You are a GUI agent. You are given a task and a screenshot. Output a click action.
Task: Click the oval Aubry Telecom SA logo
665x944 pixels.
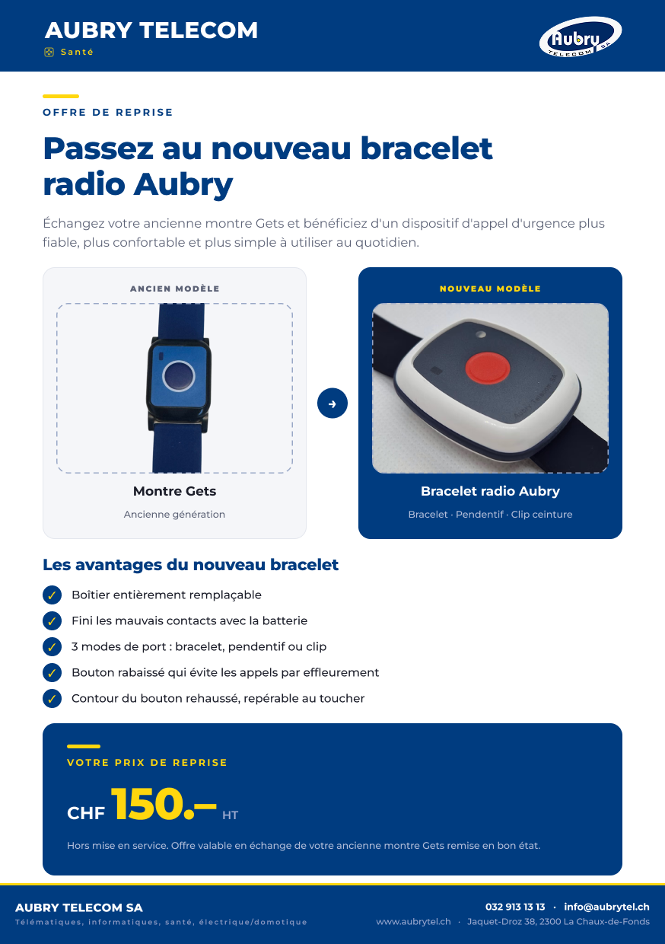581,37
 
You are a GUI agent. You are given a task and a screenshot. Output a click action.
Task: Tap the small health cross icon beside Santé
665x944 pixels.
49,52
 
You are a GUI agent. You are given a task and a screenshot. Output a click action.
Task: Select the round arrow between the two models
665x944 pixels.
332,403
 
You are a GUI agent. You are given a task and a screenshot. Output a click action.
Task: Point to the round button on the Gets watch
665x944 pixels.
179,375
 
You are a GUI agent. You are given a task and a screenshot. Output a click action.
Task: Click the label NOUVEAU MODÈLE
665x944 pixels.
490,289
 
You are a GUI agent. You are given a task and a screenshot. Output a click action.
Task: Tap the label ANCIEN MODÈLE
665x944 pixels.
175,289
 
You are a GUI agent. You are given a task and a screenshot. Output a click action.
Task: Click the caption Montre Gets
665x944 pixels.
174,491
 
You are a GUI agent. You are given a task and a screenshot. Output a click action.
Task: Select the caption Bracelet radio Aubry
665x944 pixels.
490,491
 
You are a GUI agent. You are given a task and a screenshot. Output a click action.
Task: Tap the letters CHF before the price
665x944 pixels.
86,813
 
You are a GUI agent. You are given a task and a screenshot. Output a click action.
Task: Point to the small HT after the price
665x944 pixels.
230,815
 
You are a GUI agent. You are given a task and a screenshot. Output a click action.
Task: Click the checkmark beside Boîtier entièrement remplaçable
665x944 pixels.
52,595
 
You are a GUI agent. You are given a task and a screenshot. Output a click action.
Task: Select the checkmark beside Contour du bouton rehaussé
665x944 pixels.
52,698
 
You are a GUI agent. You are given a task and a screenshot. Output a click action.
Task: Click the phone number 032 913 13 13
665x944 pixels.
515,907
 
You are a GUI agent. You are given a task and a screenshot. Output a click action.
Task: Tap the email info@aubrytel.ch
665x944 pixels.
606,907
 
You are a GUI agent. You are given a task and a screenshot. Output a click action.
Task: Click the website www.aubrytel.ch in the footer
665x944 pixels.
413,922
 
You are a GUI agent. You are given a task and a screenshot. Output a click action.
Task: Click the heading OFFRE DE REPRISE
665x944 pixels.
108,112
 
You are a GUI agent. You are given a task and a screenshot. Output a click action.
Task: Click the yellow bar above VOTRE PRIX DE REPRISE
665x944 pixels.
84,746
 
